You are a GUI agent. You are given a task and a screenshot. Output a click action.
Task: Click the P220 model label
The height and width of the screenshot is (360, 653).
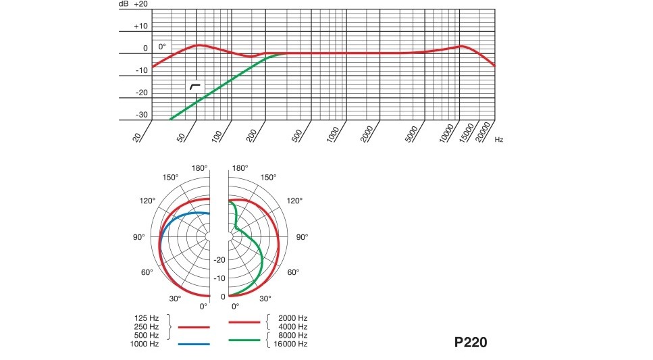click(x=470, y=342)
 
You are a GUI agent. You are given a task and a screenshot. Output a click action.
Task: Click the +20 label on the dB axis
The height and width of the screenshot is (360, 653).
click(x=140, y=4)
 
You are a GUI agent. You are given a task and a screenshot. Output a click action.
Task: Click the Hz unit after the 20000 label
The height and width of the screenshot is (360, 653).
click(x=498, y=140)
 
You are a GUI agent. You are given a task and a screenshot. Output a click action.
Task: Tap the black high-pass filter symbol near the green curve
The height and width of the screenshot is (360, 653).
click(x=195, y=87)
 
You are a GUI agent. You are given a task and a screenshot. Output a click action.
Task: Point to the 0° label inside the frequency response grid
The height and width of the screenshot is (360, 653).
click(x=162, y=47)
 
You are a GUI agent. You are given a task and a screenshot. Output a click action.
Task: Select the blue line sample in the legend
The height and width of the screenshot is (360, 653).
click(x=194, y=344)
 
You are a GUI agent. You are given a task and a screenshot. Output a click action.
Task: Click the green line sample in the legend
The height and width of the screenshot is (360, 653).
click(x=244, y=340)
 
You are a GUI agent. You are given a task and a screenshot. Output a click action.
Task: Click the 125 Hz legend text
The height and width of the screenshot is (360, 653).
click(x=147, y=317)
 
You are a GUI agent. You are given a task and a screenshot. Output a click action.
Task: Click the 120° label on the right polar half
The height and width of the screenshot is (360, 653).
click(x=294, y=201)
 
